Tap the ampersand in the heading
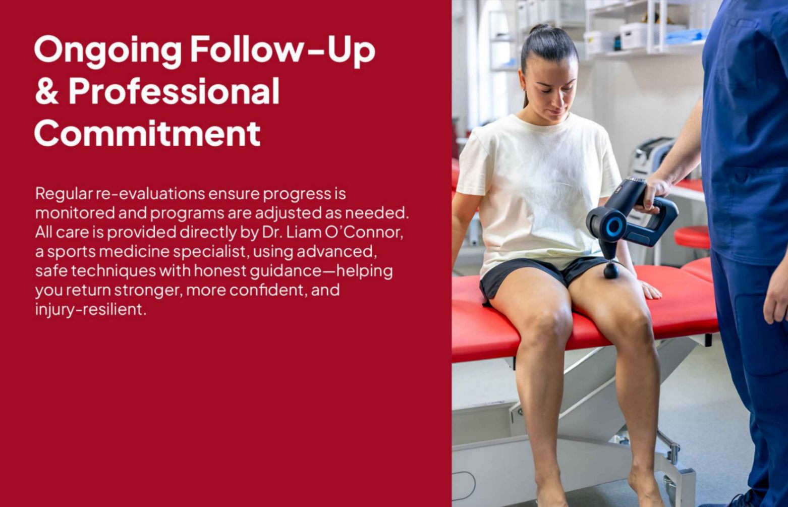pos(46,92)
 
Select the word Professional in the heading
pos(174,92)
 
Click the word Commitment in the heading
pos(147,133)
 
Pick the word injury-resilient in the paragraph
pos(90,309)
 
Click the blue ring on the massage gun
pos(613,227)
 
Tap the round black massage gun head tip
pos(611,271)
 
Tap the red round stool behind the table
pos(692,237)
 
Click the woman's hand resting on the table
pos(650,291)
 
